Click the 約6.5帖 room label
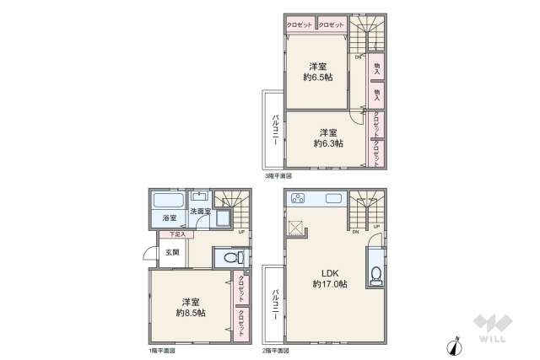tap(317, 72)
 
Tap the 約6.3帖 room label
tap(328, 138)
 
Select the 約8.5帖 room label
tap(192, 307)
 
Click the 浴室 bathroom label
tap(169, 218)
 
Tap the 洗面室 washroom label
tap(199, 210)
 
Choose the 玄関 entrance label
tap(171, 252)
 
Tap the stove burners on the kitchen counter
tap(297, 200)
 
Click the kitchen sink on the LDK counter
tap(332, 200)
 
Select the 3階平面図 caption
tap(278, 175)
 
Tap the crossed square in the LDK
tap(295, 227)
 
